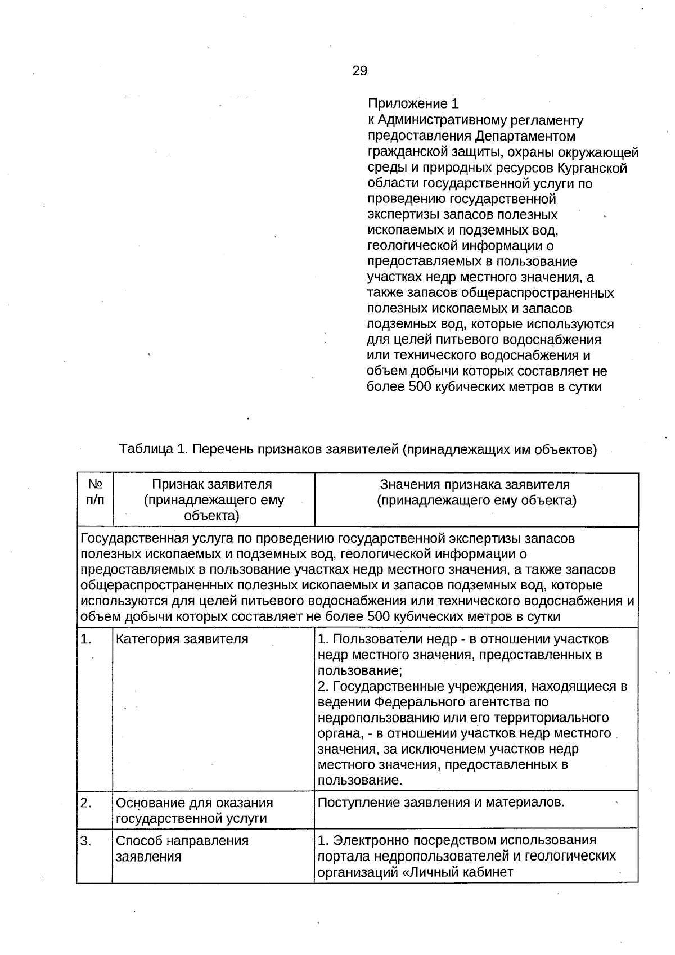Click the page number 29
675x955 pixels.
[360, 71]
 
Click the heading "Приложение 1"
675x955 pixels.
[413, 104]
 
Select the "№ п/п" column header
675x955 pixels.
[95, 492]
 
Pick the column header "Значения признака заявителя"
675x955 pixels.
[475, 485]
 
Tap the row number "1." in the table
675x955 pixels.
[86, 639]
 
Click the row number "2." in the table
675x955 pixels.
[86, 803]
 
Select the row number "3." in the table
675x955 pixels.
[86, 841]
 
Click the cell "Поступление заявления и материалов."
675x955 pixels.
[440, 803]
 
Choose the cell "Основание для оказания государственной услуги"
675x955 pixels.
[194, 810]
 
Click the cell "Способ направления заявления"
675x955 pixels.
[182, 849]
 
